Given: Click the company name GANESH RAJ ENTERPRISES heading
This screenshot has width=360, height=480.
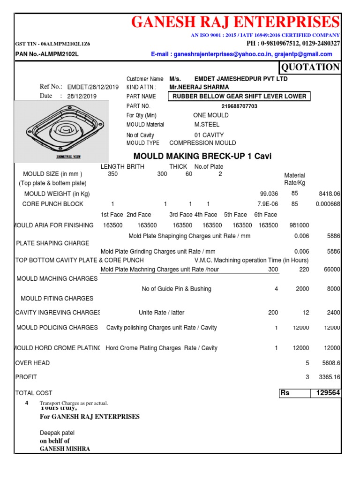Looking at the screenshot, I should [235, 22].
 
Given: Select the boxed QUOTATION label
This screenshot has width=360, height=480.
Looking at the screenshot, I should [309, 67].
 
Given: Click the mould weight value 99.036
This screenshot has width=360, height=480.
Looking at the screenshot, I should [269, 194].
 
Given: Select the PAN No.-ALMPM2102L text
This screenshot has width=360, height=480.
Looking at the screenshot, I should [47, 54].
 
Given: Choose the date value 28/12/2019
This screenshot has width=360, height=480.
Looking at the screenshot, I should [82, 96].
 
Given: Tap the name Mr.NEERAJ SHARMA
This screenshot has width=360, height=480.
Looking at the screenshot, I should [199, 87].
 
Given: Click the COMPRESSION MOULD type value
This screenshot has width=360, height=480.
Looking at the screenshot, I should [202, 143].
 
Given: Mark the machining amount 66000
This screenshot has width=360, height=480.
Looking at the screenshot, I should [331, 270].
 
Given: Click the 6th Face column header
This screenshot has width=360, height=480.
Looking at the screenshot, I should [265, 215].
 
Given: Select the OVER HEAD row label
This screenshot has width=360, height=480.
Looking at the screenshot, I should [33, 363].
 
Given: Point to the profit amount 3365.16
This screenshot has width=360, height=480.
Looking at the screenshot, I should [329, 377].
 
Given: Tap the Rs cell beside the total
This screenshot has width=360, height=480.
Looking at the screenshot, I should [293, 393].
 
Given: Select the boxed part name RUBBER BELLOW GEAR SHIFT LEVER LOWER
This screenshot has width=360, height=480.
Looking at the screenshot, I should [240, 97].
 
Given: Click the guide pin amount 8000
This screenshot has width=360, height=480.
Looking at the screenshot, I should [333, 289].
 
